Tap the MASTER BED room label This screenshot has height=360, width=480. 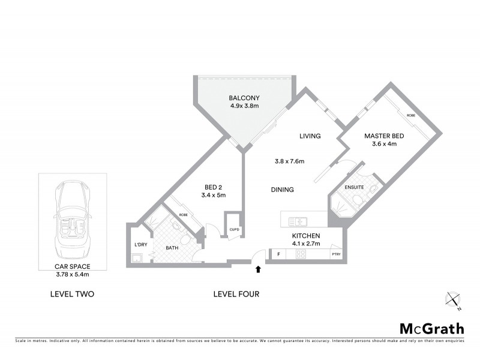click(x=384, y=136)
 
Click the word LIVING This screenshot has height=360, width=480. click(x=310, y=136)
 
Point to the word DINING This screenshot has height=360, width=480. click(x=281, y=190)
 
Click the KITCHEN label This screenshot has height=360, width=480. click(x=305, y=236)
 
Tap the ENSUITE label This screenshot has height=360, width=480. click(x=355, y=188)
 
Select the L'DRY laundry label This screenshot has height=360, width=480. click(x=140, y=244)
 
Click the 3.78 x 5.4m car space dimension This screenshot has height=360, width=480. click(x=72, y=274)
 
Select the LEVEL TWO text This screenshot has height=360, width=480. click(x=72, y=295)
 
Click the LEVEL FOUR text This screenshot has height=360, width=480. click(x=236, y=295)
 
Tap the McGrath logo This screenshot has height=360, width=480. click(x=432, y=328)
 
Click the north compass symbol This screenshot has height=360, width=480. click(x=453, y=299)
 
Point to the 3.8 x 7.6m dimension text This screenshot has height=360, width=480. click(x=290, y=161)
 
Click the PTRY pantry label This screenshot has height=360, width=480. click(x=336, y=255)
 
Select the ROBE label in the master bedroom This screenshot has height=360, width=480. click(x=411, y=115)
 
